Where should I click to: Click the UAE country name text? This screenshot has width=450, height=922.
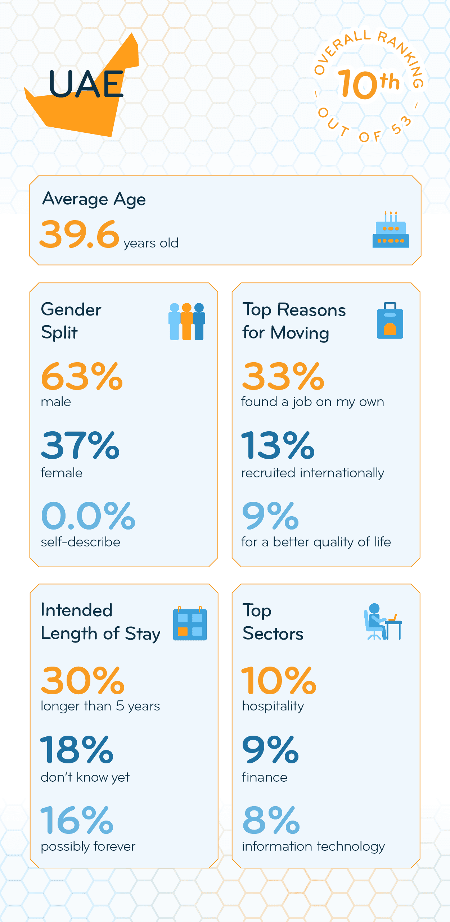pyautogui.click(x=86, y=84)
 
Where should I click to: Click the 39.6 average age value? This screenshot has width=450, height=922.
pyautogui.click(x=80, y=235)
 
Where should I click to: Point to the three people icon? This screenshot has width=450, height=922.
pyautogui.click(x=186, y=321)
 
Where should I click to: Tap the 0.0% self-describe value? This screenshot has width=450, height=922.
pyautogui.click(x=88, y=516)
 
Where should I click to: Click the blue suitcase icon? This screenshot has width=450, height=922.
pyautogui.click(x=390, y=321)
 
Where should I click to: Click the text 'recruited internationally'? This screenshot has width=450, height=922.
pyautogui.click(x=312, y=473)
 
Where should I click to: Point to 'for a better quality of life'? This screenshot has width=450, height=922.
pyautogui.click(x=316, y=542)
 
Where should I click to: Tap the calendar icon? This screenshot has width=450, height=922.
pyautogui.click(x=190, y=624)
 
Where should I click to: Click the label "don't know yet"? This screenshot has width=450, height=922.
pyautogui.click(x=85, y=777)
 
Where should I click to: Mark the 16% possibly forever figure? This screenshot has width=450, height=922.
pyautogui.click(x=77, y=820)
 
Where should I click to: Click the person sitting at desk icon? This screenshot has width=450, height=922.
pyautogui.click(x=382, y=622)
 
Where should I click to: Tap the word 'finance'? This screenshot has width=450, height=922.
pyautogui.click(x=264, y=777)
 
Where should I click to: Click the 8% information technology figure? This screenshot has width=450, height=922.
pyautogui.click(x=271, y=820)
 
